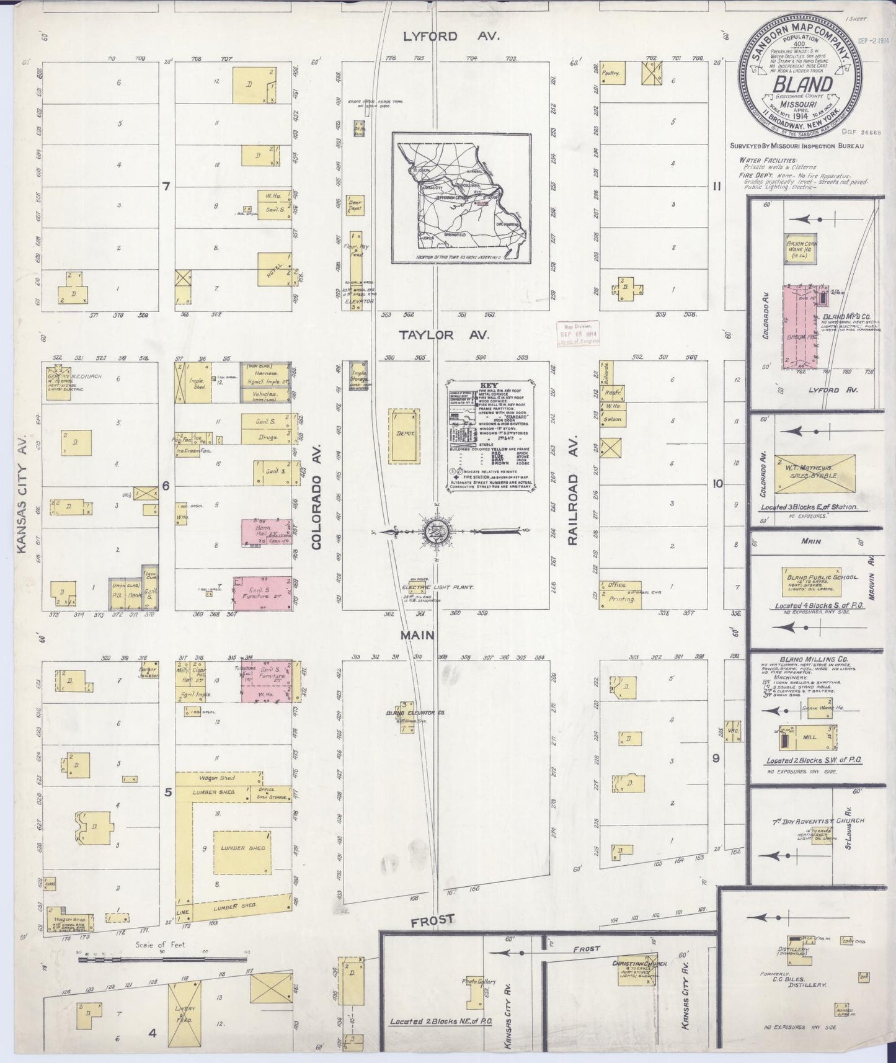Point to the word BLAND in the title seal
coord(801,83)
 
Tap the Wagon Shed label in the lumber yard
coord(216,778)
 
